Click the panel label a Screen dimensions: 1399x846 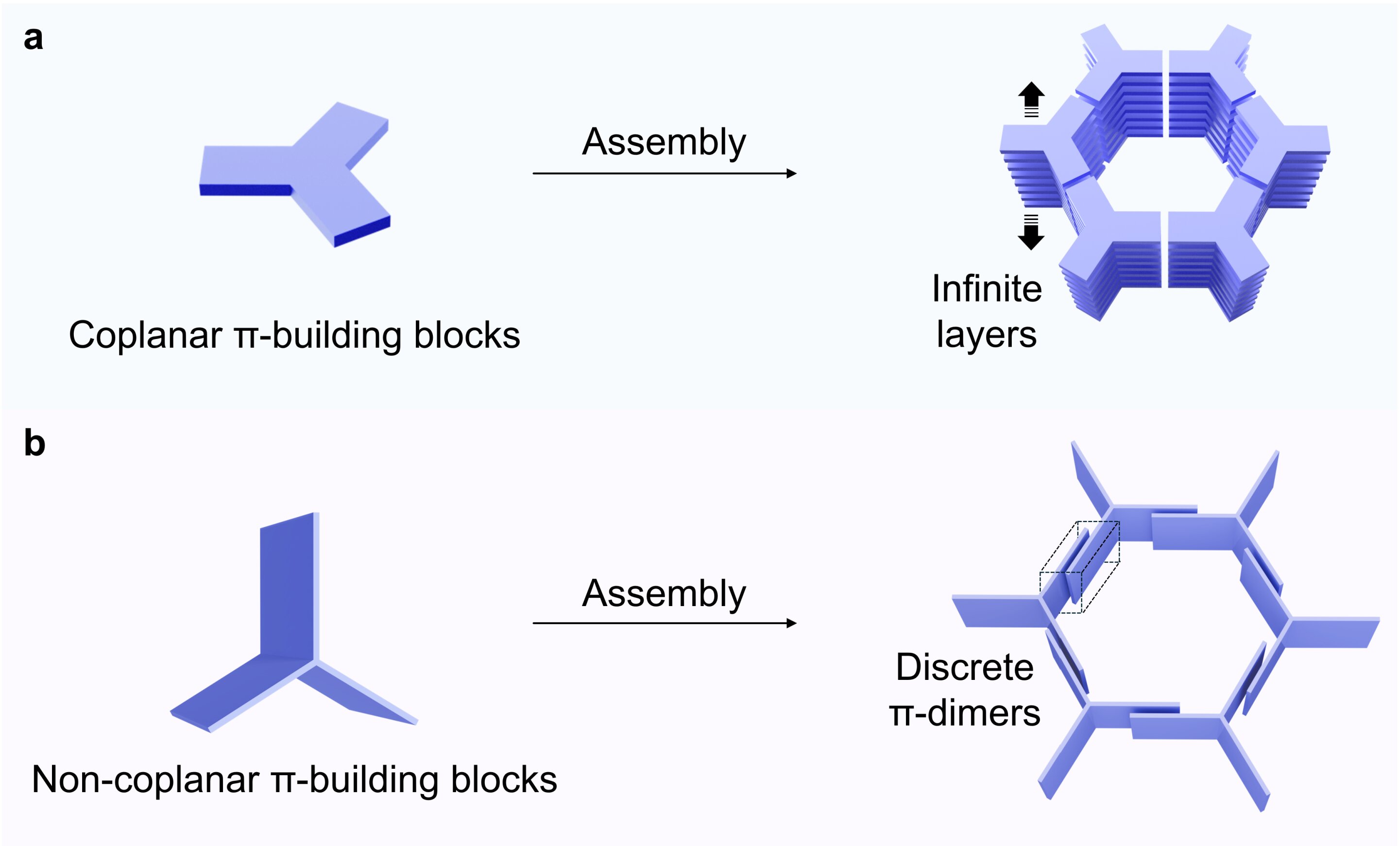34,39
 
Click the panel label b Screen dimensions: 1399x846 34,443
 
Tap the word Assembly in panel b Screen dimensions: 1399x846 664,594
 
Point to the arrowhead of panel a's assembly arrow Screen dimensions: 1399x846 791,173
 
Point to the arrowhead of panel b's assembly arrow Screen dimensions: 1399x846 791,624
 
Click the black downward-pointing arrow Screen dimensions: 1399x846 1031,232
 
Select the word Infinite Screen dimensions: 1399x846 987,288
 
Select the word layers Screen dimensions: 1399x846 987,335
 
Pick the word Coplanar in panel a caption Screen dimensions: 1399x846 145,335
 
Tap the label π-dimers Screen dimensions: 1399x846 965,713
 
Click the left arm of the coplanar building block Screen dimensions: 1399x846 246,170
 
